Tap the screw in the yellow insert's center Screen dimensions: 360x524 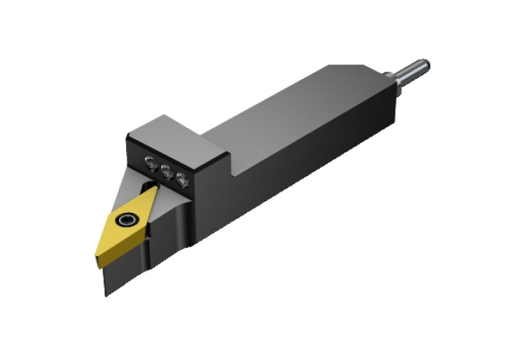pyautogui.click(x=124, y=221)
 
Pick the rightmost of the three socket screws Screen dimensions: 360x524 pyautogui.click(x=182, y=180)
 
